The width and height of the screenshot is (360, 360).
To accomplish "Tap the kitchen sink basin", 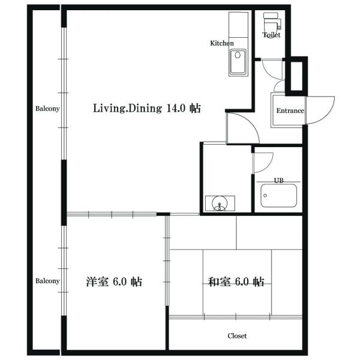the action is (x=238, y=62).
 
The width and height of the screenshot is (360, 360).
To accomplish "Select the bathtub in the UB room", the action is (x=279, y=196).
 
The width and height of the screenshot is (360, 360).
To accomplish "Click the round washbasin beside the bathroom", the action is (x=220, y=203).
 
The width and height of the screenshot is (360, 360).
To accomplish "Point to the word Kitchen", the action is (x=222, y=43).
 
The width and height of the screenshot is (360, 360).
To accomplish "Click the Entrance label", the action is (x=290, y=110).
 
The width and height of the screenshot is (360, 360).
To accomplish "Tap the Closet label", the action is (x=237, y=336).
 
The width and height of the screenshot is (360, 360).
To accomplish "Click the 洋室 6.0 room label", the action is (x=114, y=282).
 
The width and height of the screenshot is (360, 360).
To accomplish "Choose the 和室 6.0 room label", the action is (x=236, y=282).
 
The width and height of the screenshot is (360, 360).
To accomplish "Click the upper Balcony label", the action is (x=47, y=109).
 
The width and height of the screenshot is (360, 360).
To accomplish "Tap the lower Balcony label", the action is (x=47, y=281).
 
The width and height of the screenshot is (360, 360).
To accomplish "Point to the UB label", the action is (x=279, y=181).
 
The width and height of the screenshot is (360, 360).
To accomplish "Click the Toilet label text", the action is (x=272, y=35).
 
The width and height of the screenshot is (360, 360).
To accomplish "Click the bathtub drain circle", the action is (x=265, y=196).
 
